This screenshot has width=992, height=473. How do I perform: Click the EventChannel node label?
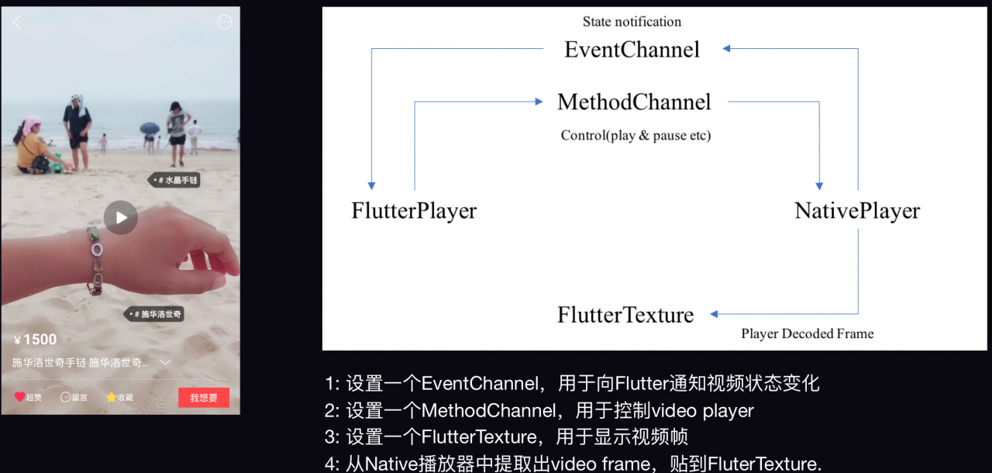632,50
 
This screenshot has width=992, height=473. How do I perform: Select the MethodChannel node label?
634,102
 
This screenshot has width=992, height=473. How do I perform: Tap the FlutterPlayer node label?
414,211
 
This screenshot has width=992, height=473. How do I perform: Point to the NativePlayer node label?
857,211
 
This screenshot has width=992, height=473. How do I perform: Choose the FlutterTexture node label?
625,315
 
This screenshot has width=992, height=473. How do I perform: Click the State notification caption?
632,22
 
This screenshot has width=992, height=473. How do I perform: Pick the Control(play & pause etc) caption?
635,136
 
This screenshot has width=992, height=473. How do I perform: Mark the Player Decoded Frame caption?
807,334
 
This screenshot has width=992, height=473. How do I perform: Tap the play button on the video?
121,218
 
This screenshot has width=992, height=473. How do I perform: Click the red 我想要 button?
204,398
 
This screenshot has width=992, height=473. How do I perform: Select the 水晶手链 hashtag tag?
174,180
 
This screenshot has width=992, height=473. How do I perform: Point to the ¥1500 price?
36,340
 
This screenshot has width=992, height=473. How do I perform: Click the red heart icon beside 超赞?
20,397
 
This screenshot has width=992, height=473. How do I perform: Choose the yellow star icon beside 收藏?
111,397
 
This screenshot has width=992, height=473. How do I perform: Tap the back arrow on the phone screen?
17,22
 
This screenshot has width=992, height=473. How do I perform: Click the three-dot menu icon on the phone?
225,22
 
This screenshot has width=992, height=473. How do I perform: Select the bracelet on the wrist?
95,260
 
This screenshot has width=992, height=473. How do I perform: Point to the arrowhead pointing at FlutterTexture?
714,314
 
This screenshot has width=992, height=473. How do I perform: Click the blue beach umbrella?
150,128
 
